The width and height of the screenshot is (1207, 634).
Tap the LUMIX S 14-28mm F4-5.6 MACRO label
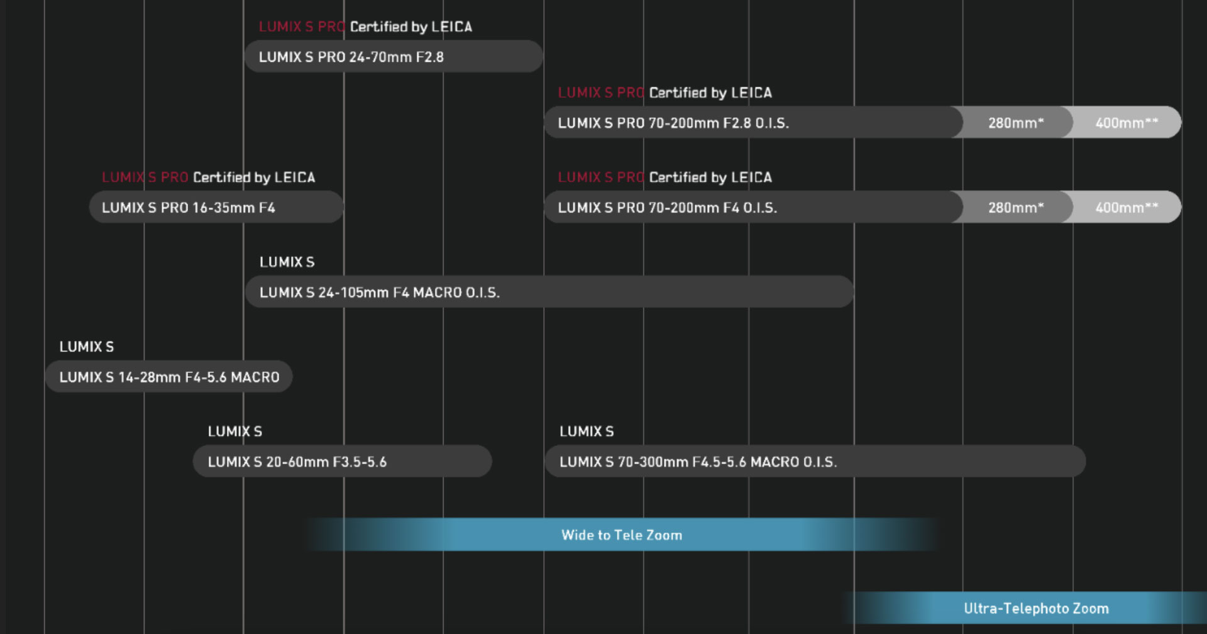169,377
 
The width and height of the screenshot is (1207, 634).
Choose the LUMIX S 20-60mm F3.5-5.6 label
297,462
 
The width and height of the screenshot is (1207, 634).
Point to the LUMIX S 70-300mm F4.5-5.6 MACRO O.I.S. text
698,462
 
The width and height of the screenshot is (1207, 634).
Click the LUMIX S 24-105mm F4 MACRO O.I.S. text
379,292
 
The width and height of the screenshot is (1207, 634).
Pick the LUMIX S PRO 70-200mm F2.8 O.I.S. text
673,123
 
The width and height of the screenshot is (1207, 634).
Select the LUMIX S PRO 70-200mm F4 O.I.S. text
667,208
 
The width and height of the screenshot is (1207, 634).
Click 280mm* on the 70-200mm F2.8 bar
1015,123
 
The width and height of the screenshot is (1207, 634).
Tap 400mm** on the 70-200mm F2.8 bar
1126,123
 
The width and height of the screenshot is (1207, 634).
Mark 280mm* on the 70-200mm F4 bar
1015,208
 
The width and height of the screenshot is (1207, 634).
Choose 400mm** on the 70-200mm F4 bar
1126,208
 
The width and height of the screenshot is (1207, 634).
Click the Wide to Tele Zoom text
621,535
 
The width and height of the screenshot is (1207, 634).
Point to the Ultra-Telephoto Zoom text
1036,609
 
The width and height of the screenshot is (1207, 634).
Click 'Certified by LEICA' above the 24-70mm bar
411,27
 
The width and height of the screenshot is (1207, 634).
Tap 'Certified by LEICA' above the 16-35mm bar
253,177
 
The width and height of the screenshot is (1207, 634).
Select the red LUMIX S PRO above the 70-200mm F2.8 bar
600,93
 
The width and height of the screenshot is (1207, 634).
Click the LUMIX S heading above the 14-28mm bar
86,347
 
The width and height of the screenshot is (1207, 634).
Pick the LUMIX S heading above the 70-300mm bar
586,431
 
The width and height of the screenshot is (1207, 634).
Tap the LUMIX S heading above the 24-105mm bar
287,262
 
